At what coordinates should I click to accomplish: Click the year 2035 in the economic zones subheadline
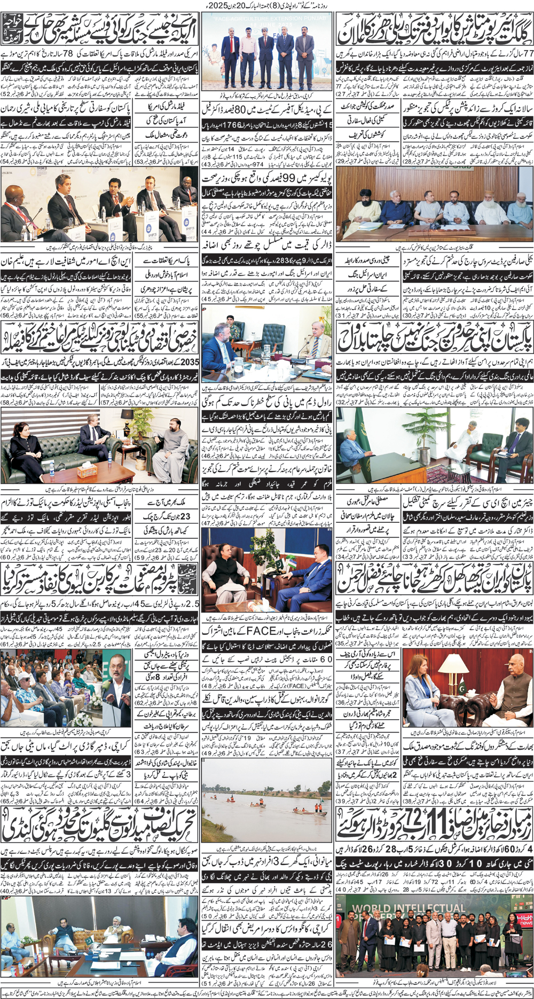pyautogui.click(x=191, y=362)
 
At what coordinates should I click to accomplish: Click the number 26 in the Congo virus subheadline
pyautogui.click(x=326, y=943)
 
